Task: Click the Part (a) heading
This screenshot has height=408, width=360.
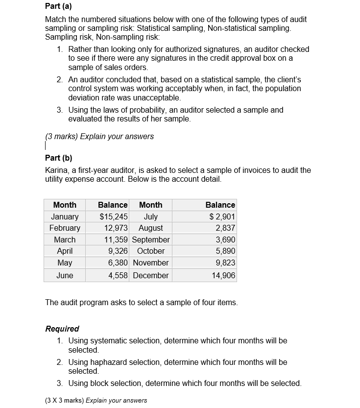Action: click(x=58, y=7)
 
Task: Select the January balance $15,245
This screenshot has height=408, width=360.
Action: click(x=114, y=216)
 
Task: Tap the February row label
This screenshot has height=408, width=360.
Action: click(x=65, y=228)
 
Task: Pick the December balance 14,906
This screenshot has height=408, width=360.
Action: click(x=223, y=275)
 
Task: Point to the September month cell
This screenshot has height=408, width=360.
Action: click(x=151, y=240)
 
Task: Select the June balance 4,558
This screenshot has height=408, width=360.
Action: click(x=118, y=275)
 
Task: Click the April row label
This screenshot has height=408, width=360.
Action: click(x=65, y=251)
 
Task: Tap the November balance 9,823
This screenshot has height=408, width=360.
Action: click(x=225, y=263)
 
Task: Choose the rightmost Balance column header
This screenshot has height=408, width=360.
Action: click(x=220, y=205)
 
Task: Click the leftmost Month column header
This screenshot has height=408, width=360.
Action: click(x=65, y=205)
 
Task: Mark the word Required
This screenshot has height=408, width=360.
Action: click(x=62, y=329)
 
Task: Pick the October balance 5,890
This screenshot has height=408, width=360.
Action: click(x=225, y=251)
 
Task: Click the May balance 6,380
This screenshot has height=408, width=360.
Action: click(x=118, y=263)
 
